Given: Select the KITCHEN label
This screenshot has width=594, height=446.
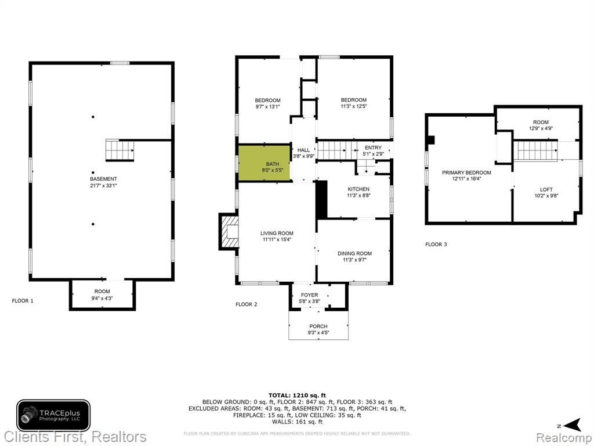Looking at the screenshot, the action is [x=358, y=189].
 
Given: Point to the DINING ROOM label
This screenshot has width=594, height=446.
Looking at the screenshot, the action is [x=354, y=253].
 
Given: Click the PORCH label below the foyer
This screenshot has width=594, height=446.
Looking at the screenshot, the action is [x=318, y=326].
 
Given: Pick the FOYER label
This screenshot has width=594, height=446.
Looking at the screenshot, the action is [x=310, y=295].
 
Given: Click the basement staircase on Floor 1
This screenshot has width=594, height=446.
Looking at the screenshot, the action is [x=119, y=150].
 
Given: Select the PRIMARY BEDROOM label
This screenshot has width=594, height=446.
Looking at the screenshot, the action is [x=466, y=172].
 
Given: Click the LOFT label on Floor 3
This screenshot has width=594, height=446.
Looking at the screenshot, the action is [x=546, y=190].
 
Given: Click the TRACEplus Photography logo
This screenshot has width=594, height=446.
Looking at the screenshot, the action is [x=53, y=415].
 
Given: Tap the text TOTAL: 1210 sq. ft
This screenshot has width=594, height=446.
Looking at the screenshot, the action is [x=297, y=395].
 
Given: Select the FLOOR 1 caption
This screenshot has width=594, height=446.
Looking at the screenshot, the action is [x=23, y=301].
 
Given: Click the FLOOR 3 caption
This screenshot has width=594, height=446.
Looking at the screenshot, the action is [x=436, y=244].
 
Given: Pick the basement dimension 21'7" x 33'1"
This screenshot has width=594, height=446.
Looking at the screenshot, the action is [x=103, y=185].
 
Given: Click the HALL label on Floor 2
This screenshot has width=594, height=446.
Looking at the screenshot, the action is [x=303, y=150].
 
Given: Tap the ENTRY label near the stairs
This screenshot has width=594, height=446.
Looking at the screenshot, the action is [x=373, y=148].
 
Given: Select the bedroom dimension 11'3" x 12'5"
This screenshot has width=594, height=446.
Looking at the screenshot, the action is [x=353, y=106].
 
